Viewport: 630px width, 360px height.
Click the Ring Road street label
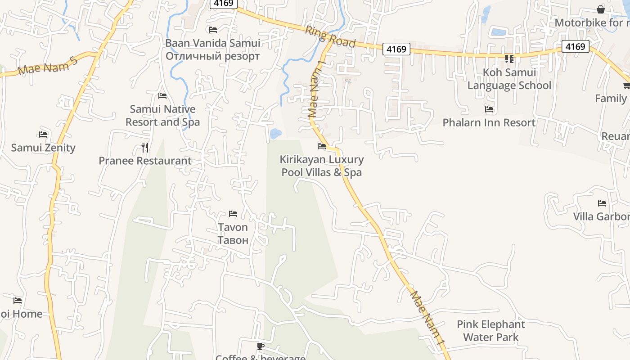(x=330, y=36)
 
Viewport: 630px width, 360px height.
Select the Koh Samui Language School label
(x=509, y=79)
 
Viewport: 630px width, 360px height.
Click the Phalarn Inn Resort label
(x=489, y=122)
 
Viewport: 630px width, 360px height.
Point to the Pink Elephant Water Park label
(x=490, y=331)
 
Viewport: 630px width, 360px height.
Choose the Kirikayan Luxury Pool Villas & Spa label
(x=322, y=166)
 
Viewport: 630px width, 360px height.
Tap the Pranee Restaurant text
(x=145, y=161)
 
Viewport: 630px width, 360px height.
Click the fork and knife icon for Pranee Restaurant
(x=145, y=147)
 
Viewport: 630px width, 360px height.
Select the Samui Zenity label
(x=43, y=148)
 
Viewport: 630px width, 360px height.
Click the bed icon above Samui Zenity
(x=43, y=134)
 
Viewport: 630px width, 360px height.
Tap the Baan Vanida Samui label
(x=212, y=43)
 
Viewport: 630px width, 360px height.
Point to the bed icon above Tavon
(x=233, y=213)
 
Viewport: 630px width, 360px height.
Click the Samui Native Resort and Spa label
(x=162, y=116)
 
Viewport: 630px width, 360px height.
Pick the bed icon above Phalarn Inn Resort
(x=489, y=109)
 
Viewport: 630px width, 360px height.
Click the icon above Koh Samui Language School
(x=509, y=58)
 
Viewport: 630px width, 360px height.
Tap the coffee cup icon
(x=260, y=346)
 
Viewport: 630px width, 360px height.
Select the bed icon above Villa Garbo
(x=602, y=203)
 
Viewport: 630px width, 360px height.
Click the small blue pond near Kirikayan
(x=275, y=133)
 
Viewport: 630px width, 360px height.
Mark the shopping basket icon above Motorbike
(x=601, y=9)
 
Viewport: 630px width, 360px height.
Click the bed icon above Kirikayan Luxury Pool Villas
(x=322, y=146)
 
